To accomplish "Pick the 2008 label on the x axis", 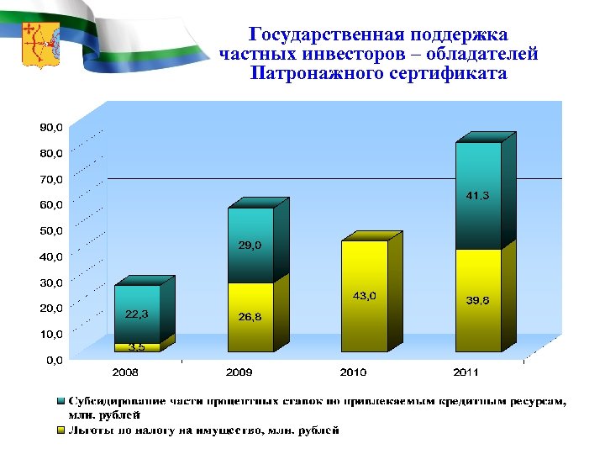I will (x=126, y=371).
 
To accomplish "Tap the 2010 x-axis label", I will (x=352, y=371).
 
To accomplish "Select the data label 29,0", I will (x=250, y=245).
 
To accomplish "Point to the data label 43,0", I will (x=364, y=296).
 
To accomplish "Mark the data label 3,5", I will (x=137, y=346).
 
